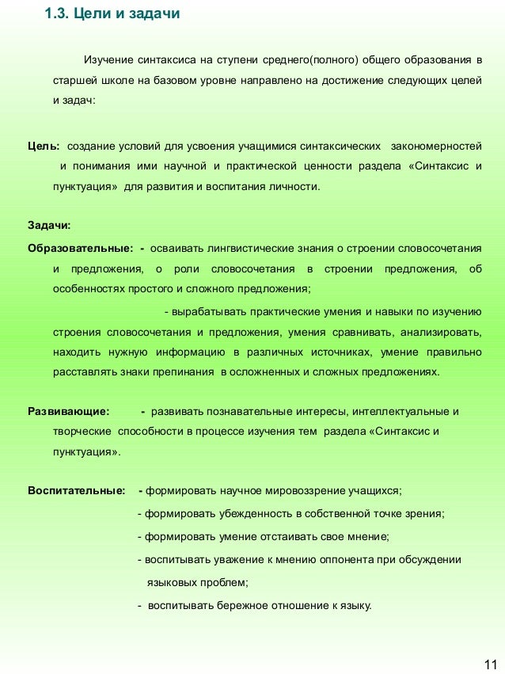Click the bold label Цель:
point(43,147)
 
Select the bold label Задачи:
point(49,226)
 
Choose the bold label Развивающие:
point(68,412)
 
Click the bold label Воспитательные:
point(76,490)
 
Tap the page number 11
point(490,664)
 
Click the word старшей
point(71,81)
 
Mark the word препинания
point(184,371)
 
